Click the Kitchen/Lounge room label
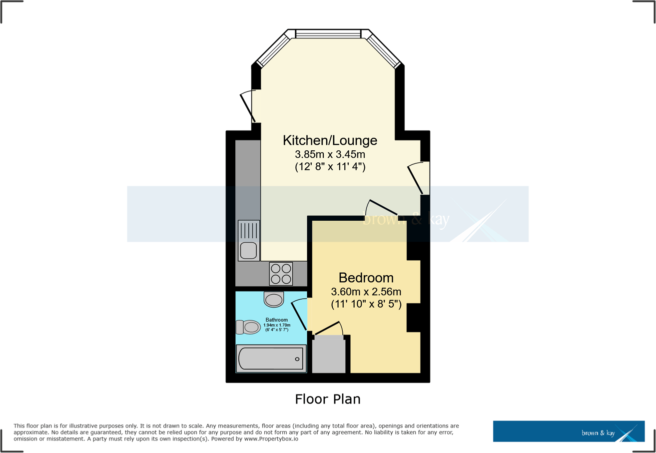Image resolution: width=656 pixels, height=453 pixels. coord(330,140)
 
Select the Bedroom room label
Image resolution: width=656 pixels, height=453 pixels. coord(366,278)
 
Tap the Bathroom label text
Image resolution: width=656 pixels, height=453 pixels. coord(276,320)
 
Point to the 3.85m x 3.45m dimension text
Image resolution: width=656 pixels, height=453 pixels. coord(330,155)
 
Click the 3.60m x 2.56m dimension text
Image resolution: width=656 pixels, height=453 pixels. coord(366,291)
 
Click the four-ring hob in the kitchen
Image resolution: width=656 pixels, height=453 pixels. coord(281,274)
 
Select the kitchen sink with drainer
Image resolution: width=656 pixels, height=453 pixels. coord(249,240)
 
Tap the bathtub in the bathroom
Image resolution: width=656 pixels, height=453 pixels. coord(271,359)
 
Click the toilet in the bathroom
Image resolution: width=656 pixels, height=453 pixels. coord(248,328)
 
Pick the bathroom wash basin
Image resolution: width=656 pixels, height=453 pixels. coord(274,299)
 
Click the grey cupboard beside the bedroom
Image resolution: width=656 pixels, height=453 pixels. coord(328,355)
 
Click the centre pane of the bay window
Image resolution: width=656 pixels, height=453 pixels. coord(328,34)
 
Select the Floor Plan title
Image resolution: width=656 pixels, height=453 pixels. coord(328,399)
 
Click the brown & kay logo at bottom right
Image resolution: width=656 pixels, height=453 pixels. coord(569,432)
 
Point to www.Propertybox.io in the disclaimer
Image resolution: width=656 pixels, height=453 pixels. coord(271,439)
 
